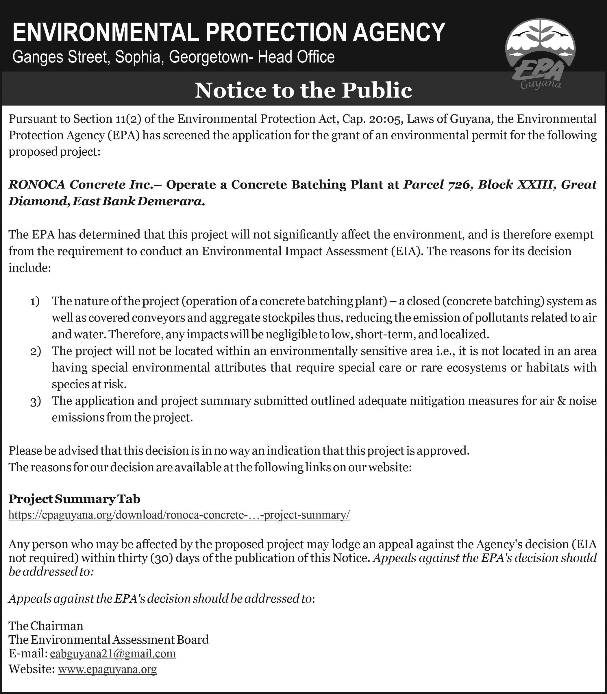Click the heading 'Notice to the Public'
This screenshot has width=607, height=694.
tap(303, 91)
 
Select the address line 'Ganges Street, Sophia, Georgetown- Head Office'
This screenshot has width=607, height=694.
tap(173, 57)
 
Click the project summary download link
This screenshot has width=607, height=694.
tap(179, 515)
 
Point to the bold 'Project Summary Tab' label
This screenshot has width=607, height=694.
tap(74, 499)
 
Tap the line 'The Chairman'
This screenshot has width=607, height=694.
tap(46, 625)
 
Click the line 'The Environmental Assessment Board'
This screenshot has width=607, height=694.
tap(108, 639)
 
